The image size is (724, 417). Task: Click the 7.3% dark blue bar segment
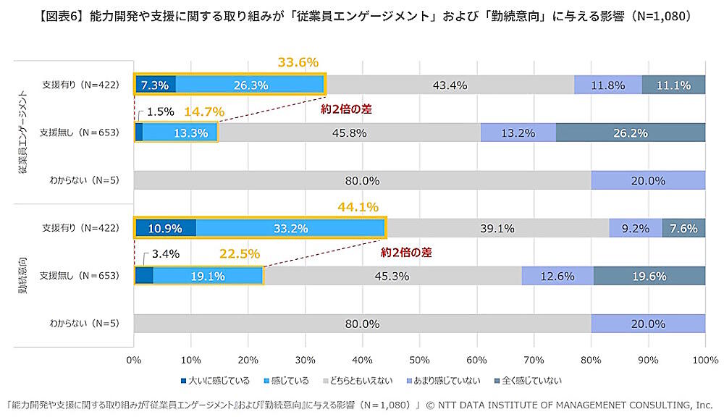[x=155, y=85]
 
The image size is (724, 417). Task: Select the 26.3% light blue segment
[x=251, y=85]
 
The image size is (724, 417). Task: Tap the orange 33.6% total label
[x=298, y=63]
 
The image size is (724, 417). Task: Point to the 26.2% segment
[x=631, y=132]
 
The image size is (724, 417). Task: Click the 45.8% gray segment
[x=348, y=132]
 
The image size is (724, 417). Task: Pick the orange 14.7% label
[x=203, y=112]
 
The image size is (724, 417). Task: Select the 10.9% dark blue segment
[x=165, y=228]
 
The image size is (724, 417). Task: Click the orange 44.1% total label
[x=358, y=207]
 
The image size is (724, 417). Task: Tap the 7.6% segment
[x=683, y=228]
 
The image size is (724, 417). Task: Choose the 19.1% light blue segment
[x=207, y=276]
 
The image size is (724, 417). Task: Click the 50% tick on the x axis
[x=419, y=359]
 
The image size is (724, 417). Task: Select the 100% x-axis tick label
[x=704, y=359]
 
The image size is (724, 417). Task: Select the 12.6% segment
[x=557, y=276]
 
